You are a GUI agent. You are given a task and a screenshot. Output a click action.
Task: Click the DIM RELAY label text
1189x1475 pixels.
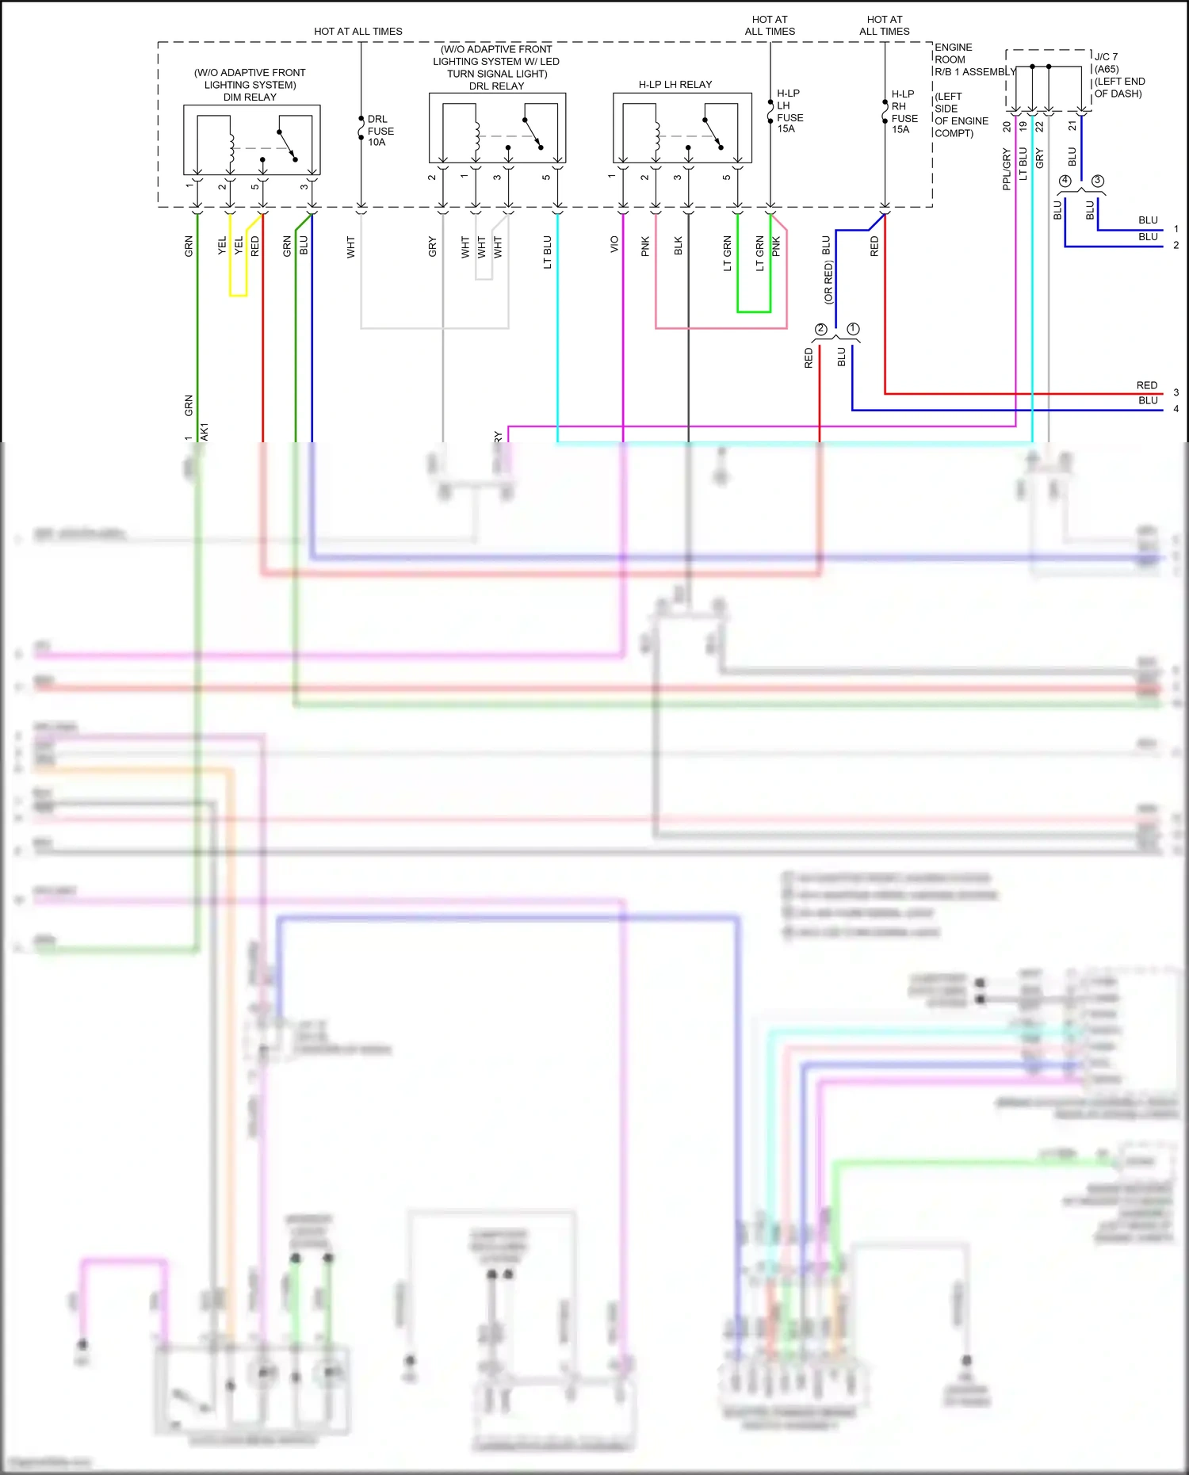[250, 97]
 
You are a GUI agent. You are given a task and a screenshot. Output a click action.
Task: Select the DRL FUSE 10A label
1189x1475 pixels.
[380, 131]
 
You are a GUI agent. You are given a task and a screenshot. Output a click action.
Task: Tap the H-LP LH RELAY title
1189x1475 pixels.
[675, 84]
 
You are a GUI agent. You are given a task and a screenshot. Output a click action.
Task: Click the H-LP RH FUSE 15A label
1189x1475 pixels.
[904, 112]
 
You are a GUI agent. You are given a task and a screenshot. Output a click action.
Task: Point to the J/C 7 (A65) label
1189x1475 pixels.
[1107, 63]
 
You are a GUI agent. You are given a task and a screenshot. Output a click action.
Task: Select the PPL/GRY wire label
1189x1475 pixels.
[1007, 169]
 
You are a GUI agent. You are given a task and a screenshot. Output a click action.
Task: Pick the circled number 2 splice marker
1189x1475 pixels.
[820, 329]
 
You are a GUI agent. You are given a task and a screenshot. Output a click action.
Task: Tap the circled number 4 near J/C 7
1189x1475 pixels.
[1065, 181]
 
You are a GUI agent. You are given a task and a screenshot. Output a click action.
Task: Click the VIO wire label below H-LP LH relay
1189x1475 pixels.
[614, 245]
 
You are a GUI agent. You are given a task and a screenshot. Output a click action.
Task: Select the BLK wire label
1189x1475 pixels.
[678, 246]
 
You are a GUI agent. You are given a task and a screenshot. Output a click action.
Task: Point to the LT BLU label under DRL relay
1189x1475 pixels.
[547, 252]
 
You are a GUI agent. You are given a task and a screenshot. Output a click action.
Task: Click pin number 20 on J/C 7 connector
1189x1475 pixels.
[1007, 126]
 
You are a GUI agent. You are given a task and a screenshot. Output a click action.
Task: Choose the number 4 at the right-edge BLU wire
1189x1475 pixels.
[1176, 409]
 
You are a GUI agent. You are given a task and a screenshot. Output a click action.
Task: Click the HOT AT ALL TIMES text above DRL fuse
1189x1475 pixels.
[358, 32]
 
